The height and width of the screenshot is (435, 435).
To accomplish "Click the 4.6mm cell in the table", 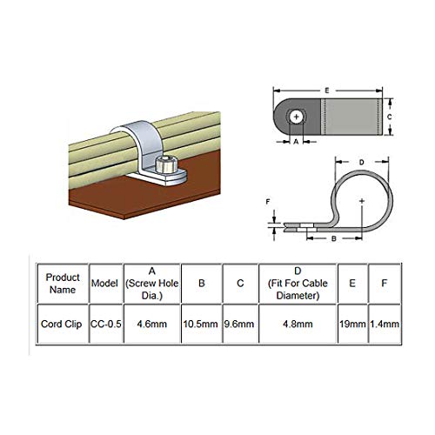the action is coord(152,324).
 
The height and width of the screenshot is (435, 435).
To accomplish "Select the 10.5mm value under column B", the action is coord(201,324).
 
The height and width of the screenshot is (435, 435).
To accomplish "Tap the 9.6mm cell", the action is coord(239,324).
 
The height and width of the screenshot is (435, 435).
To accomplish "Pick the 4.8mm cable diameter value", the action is coord(298,324).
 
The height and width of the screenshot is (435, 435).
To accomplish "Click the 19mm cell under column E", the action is coord(352,324).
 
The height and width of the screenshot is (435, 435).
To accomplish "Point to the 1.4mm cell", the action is coord(385,324).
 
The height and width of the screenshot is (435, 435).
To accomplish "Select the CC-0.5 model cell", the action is coord(106,324).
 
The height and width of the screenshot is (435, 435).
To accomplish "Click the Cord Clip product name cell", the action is coord(62,324).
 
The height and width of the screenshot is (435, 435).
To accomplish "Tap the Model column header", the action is coord(104,284).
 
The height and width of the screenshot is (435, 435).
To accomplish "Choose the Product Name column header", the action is coord(63,284).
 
